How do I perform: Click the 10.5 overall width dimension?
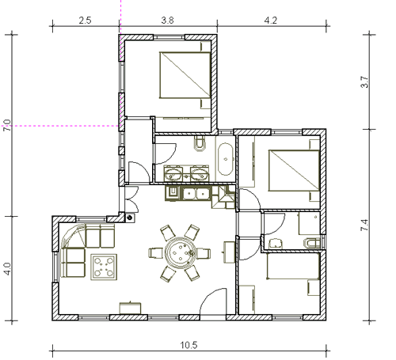[188, 345]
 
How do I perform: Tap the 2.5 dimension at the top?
[85, 21]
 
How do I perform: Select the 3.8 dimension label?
[167, 21]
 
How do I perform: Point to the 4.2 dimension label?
[271, 21]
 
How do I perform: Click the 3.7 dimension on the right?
[364, 81]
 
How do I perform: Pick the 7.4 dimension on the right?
[364, 225]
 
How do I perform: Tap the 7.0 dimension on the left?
[7, 126]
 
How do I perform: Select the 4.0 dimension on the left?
[7, 269]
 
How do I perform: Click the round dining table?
[180, 253]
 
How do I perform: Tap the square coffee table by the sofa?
[104, 267]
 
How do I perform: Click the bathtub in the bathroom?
[226, 159]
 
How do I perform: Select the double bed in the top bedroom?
[185, 75]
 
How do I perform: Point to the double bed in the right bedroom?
[294, 170]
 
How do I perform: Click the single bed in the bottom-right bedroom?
[293, 266]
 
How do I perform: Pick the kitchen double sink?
[196, 194]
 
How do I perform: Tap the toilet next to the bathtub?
[200, 143]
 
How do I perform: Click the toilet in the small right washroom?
[313, 243]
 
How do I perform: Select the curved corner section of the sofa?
[73, 235]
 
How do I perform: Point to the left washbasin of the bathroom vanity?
[173, 174]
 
